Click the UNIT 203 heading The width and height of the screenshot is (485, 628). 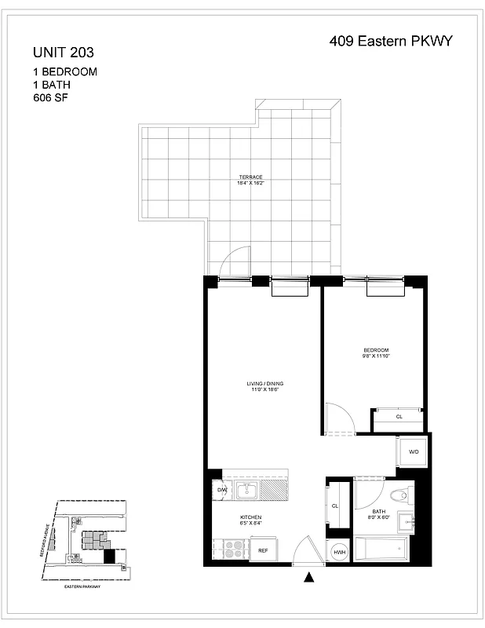click(x=64, y=53)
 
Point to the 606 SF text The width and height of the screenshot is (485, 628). click(x=50, y=99)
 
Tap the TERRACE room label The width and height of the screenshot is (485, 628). click(x=250, y=177)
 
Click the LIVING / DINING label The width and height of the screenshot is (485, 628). click(x=264, y=383)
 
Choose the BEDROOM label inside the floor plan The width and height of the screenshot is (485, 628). click(x=375, y=350)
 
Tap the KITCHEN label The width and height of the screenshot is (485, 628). click(x=250, y=517)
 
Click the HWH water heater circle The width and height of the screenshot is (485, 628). click(x=339, y=552)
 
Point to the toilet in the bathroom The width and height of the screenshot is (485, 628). click(x=402, y=495)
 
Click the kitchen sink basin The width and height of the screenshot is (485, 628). click(x=249, y=491)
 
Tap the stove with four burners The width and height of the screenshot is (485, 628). click(x=235, y=548)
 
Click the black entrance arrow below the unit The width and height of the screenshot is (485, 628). click(x=309, y=579)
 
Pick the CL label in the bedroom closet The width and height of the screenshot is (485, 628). click(x=399, y=417)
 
